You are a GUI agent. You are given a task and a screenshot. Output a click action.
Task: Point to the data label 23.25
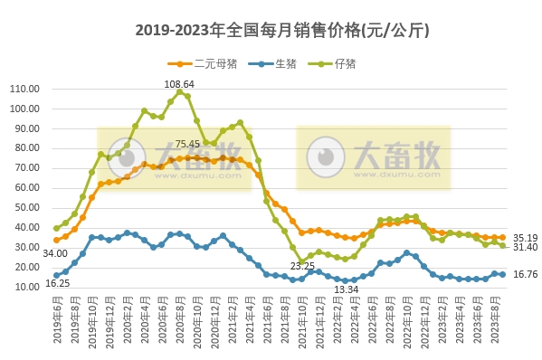[302, 266]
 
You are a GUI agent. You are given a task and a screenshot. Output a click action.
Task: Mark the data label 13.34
[347, 289]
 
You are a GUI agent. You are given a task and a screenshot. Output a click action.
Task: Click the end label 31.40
[524, 247]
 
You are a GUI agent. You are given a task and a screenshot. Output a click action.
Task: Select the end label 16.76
[524, 275]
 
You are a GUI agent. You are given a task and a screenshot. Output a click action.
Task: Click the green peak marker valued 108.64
[179, 92]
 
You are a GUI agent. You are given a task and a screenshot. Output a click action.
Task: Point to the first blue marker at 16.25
[57, 275]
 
